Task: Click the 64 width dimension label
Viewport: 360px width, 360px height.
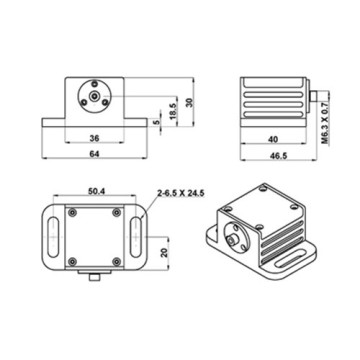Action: [94, 153]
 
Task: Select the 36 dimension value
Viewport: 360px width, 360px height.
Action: [94, 138]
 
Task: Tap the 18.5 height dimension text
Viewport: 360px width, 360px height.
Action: [173, 108]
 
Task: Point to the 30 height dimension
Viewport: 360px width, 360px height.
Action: [190, 102]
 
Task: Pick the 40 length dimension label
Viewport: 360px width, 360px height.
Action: [273, 139]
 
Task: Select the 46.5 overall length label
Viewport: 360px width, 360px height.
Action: [279, 156]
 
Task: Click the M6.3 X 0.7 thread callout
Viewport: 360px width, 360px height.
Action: [325, 117]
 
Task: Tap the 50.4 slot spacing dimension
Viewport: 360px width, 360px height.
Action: [97, 191]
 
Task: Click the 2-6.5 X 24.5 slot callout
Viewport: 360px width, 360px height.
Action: [181, 192]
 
